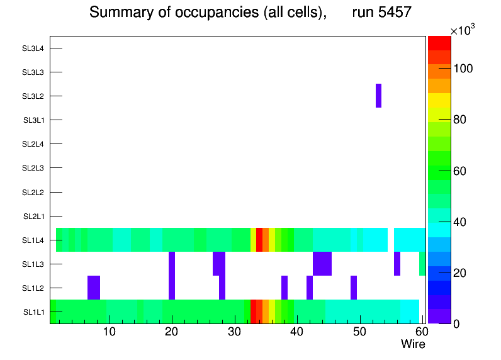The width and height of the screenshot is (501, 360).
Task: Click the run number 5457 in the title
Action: point(382,12)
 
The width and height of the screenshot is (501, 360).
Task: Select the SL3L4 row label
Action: point(33,48)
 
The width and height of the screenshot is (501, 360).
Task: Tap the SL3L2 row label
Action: point(33,96)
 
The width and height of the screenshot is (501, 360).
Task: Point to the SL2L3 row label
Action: point(33,168)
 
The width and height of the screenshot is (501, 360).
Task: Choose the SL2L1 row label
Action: point(33,217)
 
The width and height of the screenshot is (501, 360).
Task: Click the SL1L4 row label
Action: point(33,240)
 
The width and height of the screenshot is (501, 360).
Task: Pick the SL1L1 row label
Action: point(33,312)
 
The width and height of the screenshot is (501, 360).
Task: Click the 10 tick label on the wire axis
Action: point(110,332)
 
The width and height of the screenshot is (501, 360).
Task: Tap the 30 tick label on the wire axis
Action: point(234,332)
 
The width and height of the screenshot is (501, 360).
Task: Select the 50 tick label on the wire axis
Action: point(359,332)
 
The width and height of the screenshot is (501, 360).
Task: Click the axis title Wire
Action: point(413,344)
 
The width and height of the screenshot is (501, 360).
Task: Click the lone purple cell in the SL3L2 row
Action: point(378,96)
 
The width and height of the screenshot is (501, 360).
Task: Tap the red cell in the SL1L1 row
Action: point(253,311)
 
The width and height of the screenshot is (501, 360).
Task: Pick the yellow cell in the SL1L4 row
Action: point(253,239)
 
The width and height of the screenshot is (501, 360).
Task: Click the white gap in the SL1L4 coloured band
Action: point(391,239)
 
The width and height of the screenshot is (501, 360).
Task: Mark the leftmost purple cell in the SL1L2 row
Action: point(94,287)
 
